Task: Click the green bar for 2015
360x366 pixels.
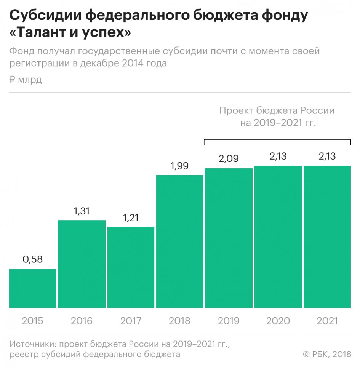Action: coord(32,288)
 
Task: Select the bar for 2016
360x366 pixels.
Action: coord(82,264)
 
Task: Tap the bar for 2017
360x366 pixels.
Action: coord(131,267)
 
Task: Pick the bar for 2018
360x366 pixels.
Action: coord(179,241)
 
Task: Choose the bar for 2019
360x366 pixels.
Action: coord(229,238)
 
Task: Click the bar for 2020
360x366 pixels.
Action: coord(278,237)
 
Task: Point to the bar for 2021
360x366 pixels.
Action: coord(327,237)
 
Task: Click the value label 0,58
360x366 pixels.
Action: coord(32,260)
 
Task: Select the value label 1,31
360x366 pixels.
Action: coord(82,211)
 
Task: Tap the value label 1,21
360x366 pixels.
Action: coord(131,218)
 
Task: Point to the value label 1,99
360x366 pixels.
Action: coord(179,166)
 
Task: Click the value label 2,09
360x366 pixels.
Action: coord(229,159)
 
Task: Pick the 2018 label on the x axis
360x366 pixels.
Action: coord(179,321)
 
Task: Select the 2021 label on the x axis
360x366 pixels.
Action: coord(327,321)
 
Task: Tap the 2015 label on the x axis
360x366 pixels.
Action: coord(32,321)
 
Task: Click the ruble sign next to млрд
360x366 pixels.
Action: coord(12,80)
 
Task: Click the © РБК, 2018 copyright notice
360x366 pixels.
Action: coord(327,355)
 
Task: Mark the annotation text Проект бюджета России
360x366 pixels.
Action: coord(277,111)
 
